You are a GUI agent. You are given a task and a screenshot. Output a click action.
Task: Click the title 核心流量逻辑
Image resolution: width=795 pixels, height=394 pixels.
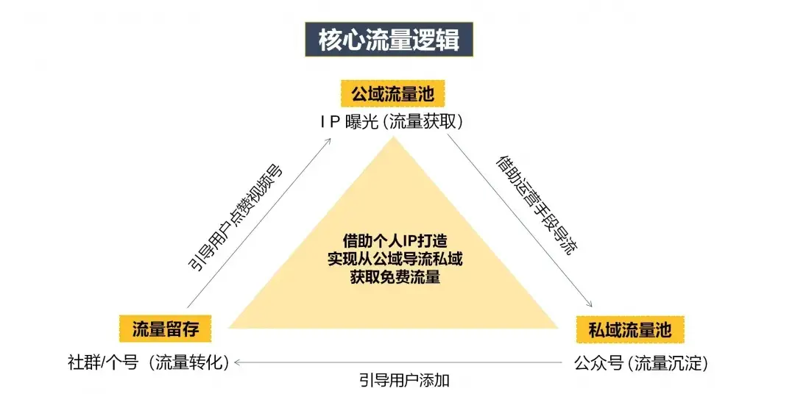[x=389, y=39]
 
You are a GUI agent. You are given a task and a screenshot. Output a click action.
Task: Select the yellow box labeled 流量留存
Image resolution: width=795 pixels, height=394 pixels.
[x=166, y=328]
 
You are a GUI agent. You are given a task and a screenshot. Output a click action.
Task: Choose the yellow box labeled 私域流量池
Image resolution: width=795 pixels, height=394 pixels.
[x=629, y=328]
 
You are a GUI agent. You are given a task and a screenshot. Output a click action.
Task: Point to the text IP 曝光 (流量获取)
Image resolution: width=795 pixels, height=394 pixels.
[x=392, y=122]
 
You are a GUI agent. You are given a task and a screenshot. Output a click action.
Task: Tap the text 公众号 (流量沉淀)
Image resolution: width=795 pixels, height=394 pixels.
[x=640, y=362]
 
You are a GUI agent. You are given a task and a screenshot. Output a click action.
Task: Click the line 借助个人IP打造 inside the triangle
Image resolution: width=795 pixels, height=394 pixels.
[x=395, y=240]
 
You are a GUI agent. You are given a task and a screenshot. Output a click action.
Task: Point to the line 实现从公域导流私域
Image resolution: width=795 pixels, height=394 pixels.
[x=395, y=259]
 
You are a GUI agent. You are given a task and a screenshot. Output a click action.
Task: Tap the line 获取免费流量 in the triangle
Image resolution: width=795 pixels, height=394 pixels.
[x=395, y=277]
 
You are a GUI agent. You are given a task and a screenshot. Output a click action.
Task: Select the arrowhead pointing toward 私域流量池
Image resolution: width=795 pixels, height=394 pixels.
[x=590, y=306]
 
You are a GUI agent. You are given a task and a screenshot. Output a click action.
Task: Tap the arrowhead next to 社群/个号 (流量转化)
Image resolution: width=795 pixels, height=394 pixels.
[x=238, y=362]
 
